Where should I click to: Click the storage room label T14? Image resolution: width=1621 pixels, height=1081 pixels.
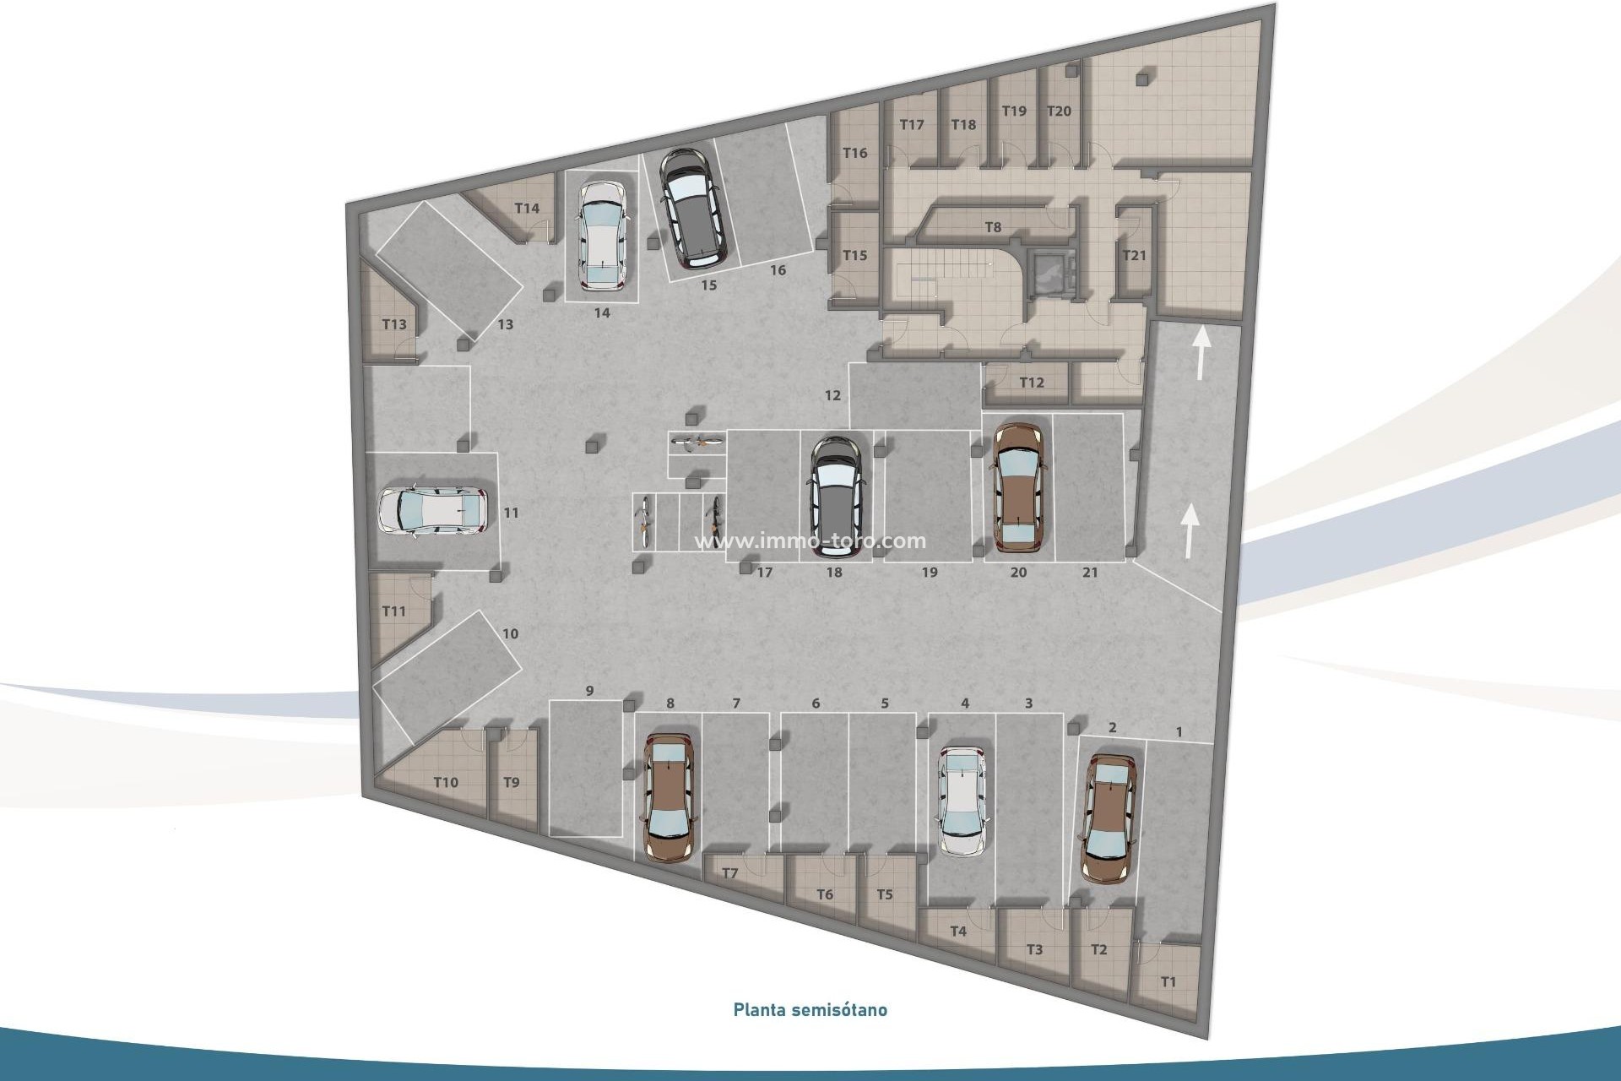click(527, 209)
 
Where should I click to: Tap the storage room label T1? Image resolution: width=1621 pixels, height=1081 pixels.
click(1168, 982)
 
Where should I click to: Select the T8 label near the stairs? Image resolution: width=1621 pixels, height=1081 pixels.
click(993, 227)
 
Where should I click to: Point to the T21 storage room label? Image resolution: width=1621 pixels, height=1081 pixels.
click(1134, 255)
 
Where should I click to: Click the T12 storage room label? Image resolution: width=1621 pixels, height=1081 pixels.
click(1031, 383)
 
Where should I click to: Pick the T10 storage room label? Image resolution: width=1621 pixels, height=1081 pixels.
click(446, 782)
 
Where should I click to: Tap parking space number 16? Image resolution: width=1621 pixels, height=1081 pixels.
click(778, 270)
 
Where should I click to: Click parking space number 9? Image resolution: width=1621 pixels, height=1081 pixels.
click(589, 691)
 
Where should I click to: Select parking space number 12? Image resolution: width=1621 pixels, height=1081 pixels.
click(832, 395)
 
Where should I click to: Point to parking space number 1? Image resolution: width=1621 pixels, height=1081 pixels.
click(1179, 732)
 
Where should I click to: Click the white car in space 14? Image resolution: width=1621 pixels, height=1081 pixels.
click(601, 234)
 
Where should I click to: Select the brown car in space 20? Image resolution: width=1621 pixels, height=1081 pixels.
click(1019, 487)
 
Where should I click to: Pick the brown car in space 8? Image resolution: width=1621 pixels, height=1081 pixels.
click(669, 796)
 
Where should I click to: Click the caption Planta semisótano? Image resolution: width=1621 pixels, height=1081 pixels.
click(810, 1009)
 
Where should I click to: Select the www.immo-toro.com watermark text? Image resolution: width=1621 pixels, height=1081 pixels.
click(810, 541)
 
